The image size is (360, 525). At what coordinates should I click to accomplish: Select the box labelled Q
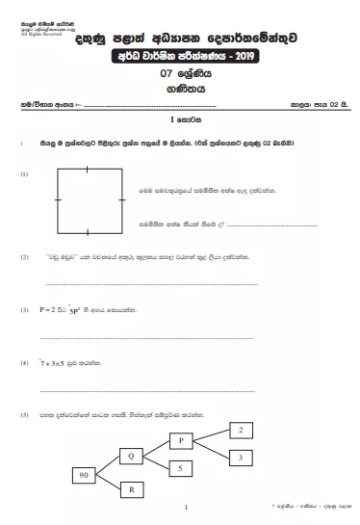tap(132, 453)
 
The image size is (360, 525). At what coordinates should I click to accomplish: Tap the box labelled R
tap(132, 489)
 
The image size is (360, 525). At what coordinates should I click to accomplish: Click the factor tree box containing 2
tap(241, 430)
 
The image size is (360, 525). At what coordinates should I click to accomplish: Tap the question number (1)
tap(23, 175)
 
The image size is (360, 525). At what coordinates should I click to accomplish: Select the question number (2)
tap(23, 257)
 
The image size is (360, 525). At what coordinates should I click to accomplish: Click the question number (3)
tap(23, 311)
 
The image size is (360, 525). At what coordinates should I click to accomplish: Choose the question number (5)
tap(23, 414)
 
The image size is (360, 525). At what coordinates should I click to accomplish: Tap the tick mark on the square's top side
tap(89, 168)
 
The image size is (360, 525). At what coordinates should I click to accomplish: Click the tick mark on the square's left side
tap(57, 200)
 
